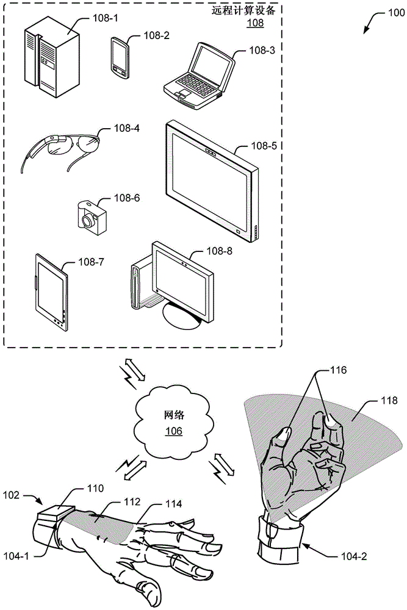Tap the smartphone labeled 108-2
[x=120, y=57]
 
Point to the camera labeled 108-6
[x=92, y=217]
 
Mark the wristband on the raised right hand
[x=277, y=529]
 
